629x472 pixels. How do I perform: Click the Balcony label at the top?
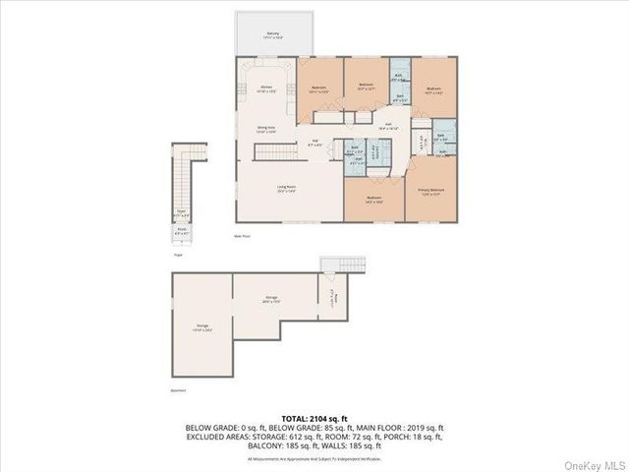[272, 34]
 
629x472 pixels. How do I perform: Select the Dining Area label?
[265, 128]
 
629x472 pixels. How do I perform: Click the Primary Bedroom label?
[430, 191]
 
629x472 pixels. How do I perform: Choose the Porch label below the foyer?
[182, 233]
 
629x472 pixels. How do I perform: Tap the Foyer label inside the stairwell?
[182, 213]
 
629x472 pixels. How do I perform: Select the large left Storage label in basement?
[202, 329]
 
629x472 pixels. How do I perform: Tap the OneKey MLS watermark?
[593, 460]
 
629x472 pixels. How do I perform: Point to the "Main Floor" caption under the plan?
[243, 236]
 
